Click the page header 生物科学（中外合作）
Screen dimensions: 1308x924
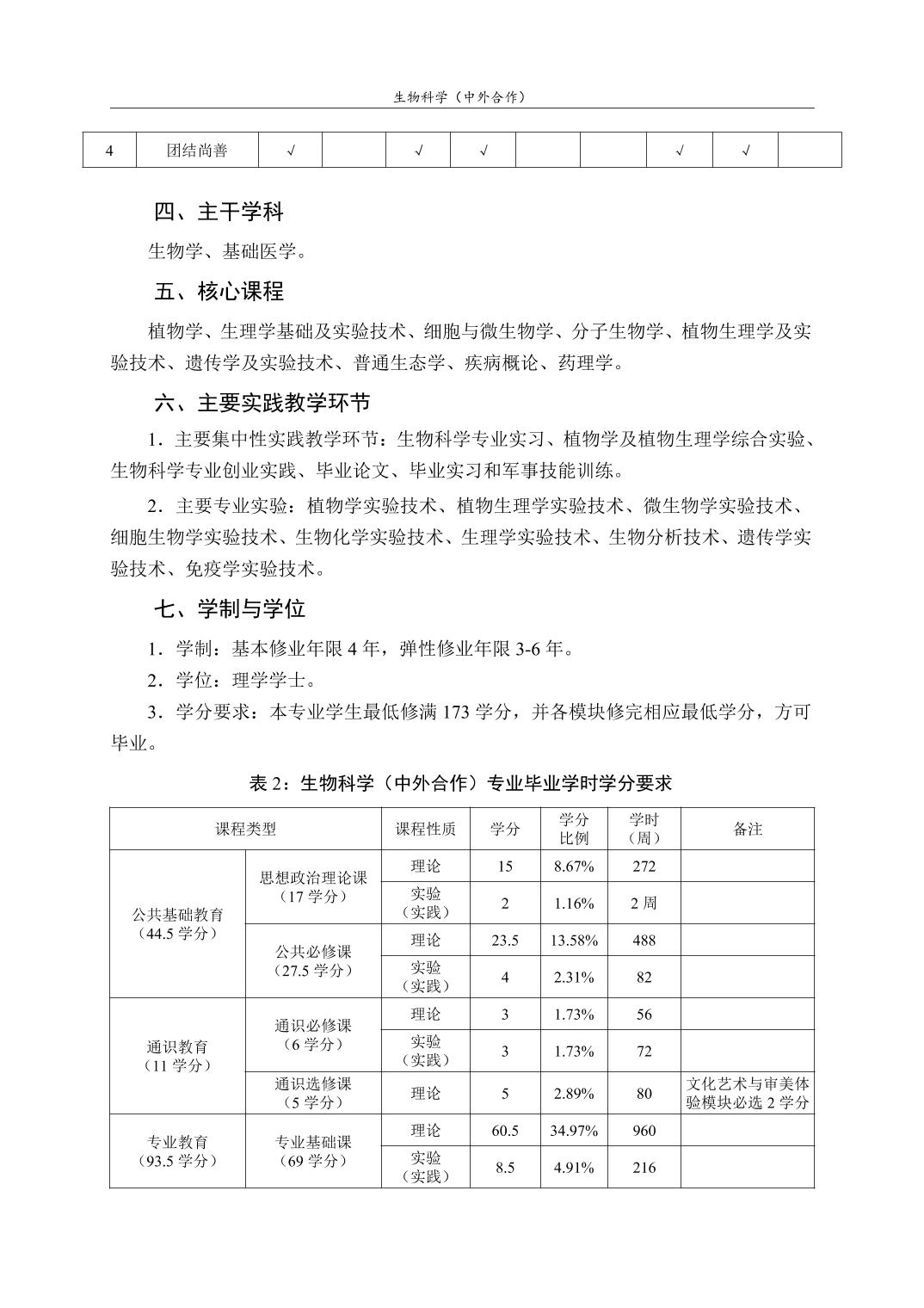pos(461,97)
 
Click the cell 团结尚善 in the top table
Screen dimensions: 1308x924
pos(197,151)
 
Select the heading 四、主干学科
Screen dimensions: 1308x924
pos(219,212)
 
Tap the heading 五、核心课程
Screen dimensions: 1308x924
pos(219,292)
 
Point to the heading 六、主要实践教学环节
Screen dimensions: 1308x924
pos(262,403)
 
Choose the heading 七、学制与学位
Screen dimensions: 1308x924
pos(230,609)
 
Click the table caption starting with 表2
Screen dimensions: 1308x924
pos(460,783)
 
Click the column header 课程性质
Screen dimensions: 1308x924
pos(426,830)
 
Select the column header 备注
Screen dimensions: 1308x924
pos(747,830)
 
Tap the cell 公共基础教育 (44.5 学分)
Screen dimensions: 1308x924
pos(177,924)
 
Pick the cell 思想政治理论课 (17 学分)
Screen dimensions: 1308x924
pos(313,887)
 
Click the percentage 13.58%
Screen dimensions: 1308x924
pos(574,941)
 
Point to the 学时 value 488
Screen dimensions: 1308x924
pos(644,941)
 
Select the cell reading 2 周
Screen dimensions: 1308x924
pos(644,904)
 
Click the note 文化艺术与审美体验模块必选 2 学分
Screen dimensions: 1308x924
pos(747,1093)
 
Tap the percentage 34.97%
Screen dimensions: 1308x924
pos(574,1131)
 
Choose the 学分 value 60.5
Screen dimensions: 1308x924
pos(505,1131)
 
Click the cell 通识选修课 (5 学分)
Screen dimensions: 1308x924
pos(313,1093)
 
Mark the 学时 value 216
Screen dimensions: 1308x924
pos(644,1168)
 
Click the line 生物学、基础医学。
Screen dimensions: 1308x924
pos(228,252)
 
